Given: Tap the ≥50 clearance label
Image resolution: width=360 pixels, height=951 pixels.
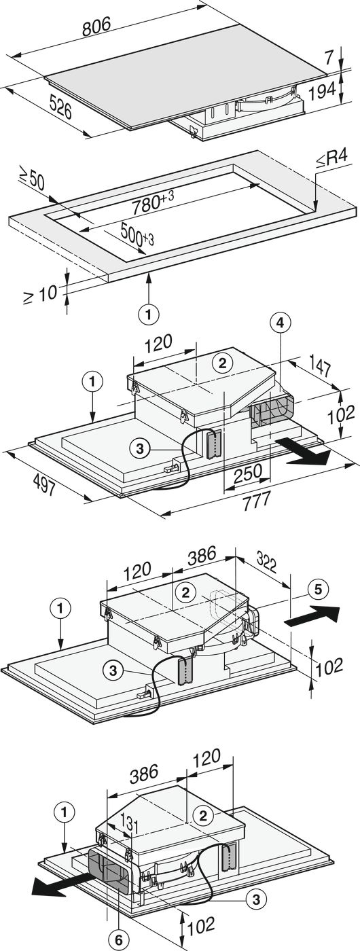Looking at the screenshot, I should [x=31, y=182].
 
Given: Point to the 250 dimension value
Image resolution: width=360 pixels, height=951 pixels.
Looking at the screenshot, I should [x=248, y=473].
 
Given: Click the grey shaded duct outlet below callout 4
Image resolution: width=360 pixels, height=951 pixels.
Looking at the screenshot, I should [x=272, y=411].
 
